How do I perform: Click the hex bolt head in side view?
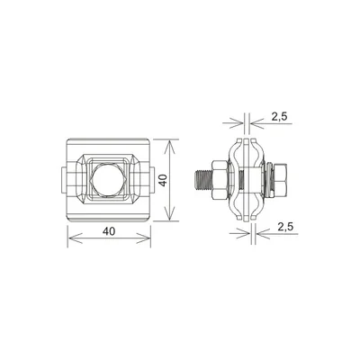[x=280, y=177]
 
